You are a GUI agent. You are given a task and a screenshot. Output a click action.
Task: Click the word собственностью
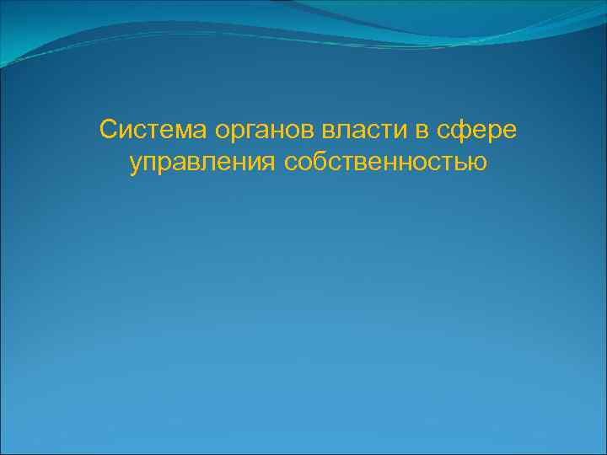(386, 161)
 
